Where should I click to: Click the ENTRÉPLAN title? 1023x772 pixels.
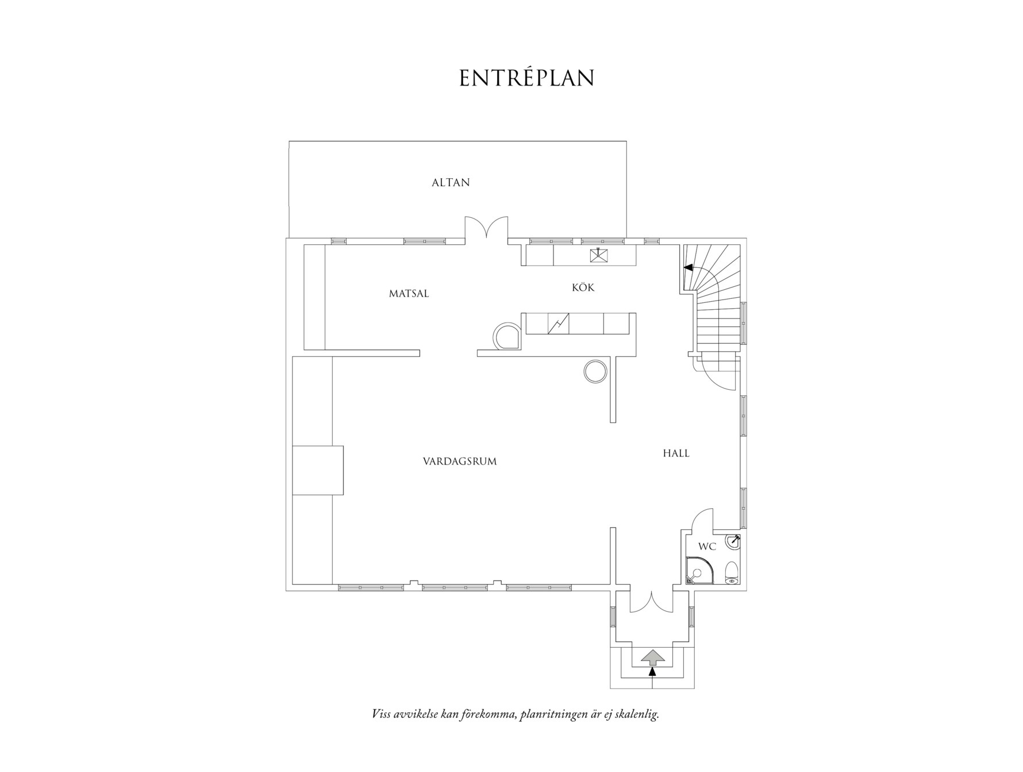pyautogui.click(x=526, y=78)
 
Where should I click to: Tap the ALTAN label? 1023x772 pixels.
pyautogui.click(x=451, y=183)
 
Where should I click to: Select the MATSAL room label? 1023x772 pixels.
pyautogui.click(x=409, y=294)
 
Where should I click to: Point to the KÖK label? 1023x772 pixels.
pyautogui.click(x=583, y=287)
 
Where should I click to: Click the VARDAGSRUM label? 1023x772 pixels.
pyautogui.click(x=460, y=462)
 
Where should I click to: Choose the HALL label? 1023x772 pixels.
pyautogui.click(x=676, y=454)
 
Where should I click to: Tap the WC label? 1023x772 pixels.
pyautogui.click(x=707, y=547)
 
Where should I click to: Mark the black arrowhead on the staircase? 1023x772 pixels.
pyautogui.click(x=688, y=267)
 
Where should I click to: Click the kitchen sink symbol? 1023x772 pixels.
pyautogui.click(x=599, y=255)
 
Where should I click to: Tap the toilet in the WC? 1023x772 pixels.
pyautogui.click(x=731, y=573)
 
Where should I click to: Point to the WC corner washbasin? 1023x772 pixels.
pyautogui.click(x=733, y=541)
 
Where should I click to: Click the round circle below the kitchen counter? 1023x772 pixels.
pyautogui.click(x=595, y=371)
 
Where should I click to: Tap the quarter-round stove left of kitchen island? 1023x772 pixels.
pyautogui.click(x=507, y=335)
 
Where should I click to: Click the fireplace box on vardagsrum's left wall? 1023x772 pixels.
pyautogui.click(x=318, y=470)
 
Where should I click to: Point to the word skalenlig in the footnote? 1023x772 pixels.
pyautogui.click(x=636, y=715)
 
